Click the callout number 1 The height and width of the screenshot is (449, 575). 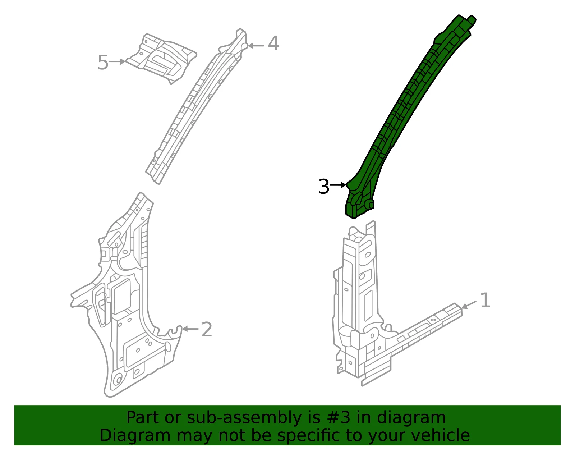(x=485, y=300)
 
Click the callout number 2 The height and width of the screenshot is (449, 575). (x=207, y=329)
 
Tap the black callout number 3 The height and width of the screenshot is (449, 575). (x=324, y=187)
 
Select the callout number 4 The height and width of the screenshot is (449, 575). (x=273, y=43)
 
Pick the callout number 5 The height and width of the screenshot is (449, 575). (x=103, y=62)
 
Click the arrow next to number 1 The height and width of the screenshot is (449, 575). (x=469, y=305)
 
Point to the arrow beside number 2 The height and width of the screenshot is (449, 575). (x=190, y=329)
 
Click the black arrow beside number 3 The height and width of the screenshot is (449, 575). (x=338, y=185)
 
